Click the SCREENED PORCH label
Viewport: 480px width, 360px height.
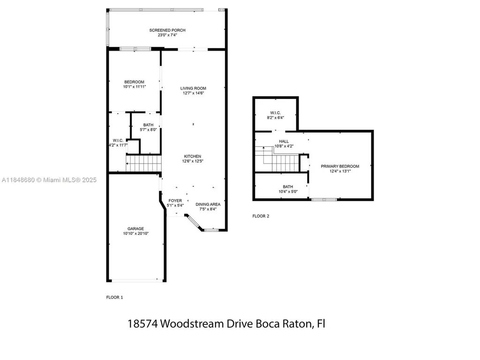167,30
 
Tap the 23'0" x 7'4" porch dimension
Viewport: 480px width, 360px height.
167,35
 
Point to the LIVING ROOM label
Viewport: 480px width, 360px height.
193,88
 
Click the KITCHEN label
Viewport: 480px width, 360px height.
192,156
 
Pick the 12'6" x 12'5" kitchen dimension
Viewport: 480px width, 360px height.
192,161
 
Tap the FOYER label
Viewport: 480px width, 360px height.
176,200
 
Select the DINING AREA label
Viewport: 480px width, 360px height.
208,204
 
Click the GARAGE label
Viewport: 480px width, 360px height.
135,228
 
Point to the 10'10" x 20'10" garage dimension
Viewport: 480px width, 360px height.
135,233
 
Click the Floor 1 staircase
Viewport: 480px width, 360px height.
143,164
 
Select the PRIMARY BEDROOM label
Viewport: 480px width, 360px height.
340,166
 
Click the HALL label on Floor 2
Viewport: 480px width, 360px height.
284,141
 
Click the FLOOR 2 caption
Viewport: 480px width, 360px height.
261,216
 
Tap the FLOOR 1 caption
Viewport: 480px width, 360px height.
114,297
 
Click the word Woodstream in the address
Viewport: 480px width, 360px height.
200,324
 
